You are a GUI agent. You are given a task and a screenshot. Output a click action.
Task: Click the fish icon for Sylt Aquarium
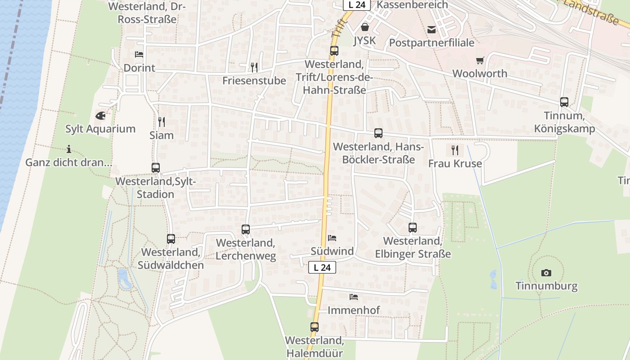click(100, 116)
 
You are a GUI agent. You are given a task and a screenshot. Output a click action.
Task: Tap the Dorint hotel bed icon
click(139, 54)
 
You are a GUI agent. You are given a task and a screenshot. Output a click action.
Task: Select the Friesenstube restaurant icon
click(254, 67)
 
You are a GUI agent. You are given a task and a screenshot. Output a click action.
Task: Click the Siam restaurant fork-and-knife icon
click(162, 121)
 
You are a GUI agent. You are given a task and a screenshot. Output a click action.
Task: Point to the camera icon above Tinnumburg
click(546, 273)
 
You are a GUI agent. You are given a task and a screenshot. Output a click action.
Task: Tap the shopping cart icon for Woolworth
click(480, 60)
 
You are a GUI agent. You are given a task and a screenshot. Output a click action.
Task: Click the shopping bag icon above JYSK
click(364, 27)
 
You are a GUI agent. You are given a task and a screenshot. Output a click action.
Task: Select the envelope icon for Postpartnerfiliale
click(432, 30)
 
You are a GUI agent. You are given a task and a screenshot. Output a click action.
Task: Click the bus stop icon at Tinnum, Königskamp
click(564, 102)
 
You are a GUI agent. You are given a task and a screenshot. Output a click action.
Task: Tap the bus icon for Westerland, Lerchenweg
click(245, 229)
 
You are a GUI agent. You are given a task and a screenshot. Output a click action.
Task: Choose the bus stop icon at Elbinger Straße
click(413, 228)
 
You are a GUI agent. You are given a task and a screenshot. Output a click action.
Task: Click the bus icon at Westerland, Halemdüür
click(314, 327)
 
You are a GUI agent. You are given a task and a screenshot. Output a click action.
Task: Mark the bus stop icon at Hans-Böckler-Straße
click(378, 133)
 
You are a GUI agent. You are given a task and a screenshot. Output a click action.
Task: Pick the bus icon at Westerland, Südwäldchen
click(171, 239)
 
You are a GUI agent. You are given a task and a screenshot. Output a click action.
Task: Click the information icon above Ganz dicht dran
click(68, 149)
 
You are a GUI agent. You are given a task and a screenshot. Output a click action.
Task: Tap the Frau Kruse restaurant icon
click(455, 150)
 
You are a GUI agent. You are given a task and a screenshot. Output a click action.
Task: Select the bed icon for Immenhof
click(354, 297)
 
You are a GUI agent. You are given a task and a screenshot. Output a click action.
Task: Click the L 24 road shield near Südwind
click(322, 267)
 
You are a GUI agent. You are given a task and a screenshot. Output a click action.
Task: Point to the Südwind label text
click(332, 251)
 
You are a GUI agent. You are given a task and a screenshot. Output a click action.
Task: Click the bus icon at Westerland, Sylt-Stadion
click(155, 168)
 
